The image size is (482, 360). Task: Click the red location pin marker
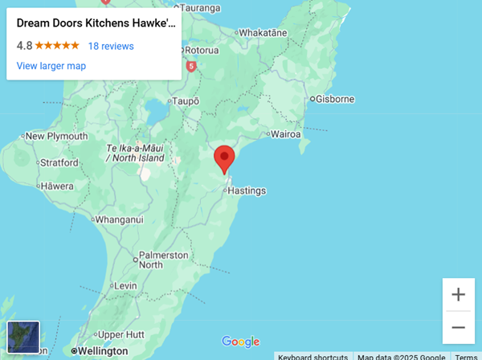[225, 158]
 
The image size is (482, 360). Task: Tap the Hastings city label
[247, 191]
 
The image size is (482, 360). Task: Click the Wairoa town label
[286, 133]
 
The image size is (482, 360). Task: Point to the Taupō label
[184, 102]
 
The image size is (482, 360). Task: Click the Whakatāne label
[263, 33]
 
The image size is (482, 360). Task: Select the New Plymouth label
[56, 137]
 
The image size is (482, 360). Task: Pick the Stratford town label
[59, 162]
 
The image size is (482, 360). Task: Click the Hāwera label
[57, 186]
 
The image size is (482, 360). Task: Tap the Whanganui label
[119, 219]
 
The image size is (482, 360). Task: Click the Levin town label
[126, 286]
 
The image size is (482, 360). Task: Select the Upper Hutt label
[120, 334]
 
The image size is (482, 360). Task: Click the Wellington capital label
[103, 351]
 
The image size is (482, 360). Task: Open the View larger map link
[51, 66]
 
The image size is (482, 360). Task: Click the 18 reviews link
[111, 46]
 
